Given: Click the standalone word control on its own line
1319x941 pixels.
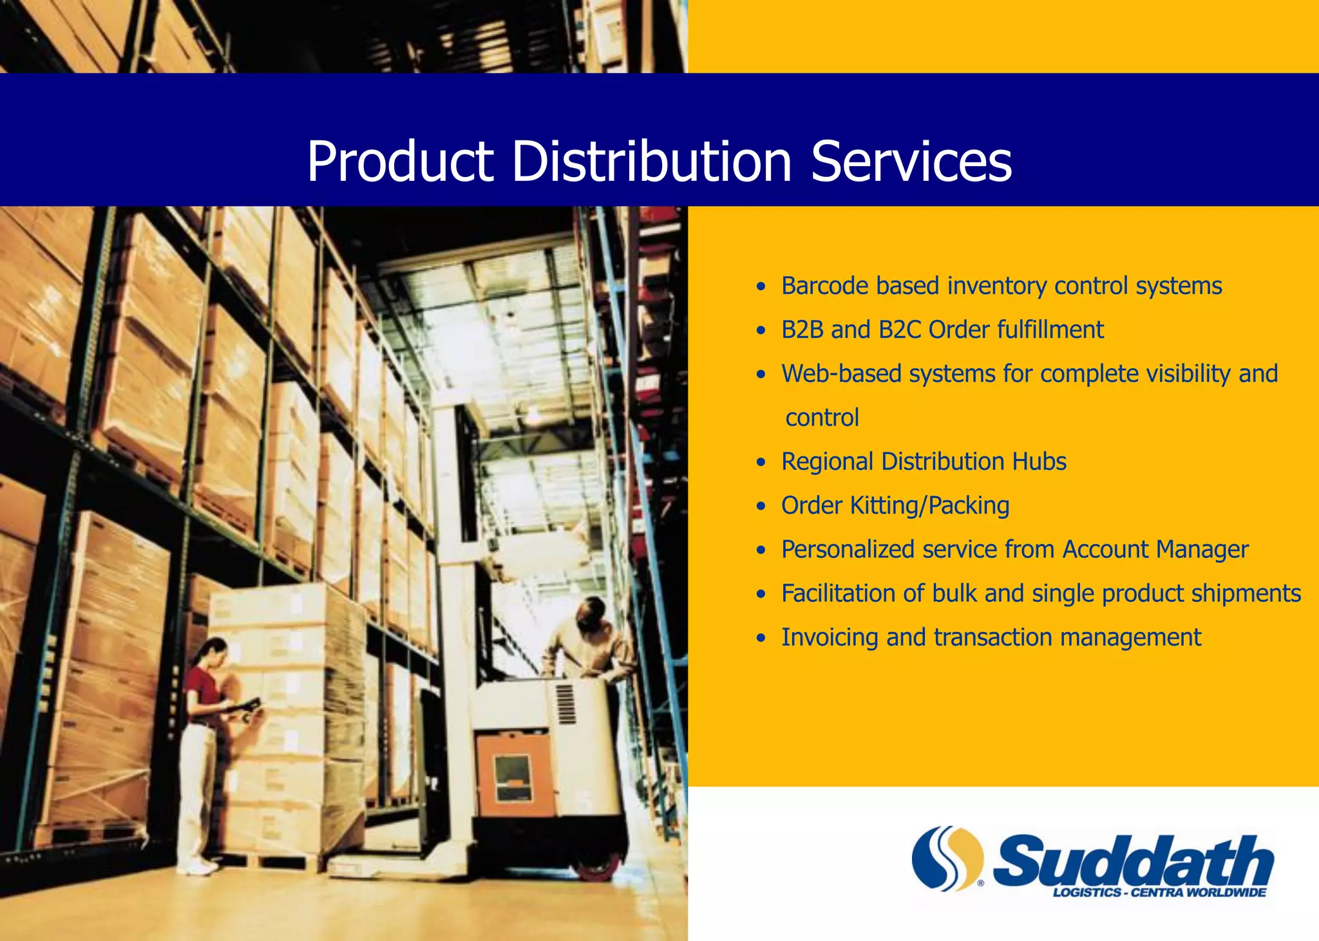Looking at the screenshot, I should coord(822,418).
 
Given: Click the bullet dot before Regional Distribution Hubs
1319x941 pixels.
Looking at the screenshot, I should coord(761,462).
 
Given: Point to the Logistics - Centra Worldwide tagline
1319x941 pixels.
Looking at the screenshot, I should coord(1159,893).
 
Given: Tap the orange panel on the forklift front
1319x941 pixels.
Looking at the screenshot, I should coord(513,776).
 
